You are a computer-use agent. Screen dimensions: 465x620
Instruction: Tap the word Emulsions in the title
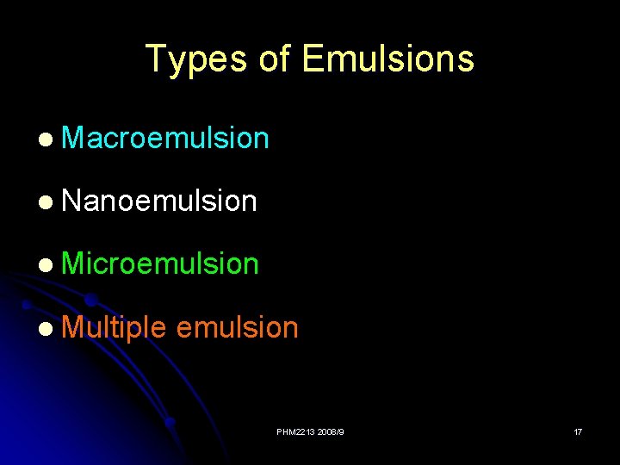pyautogui.click(x=388, y=59)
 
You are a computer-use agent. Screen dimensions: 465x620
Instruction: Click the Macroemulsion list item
pyautogui.click(x=165, y=138)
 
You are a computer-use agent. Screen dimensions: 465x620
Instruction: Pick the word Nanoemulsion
pyautogui.click(x=159, y=201)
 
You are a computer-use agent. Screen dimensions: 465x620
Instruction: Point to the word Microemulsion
pyautogui.click(x=160, y=263)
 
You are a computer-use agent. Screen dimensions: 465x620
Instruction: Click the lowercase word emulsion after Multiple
pyautogui.click(x=237, y=327)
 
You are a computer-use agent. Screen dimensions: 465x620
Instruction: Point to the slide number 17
pyautogui.click(x=578, y=431)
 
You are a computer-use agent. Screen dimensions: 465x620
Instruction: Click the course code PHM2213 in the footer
pyautogui.click(x=295, y=431)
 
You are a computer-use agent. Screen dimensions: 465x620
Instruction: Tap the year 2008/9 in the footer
pyautogui.click(x=330, y=431)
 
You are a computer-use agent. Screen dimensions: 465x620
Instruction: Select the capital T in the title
pyautogui.click(x=156, y=59)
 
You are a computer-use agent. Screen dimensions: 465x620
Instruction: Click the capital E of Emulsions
pyautogui.click(x=313, y=59)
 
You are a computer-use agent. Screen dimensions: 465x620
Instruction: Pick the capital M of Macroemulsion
pyautogui.click(x=75, y=138)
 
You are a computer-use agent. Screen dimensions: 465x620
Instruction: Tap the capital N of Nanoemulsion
pyautogui.click(x=72, y=201)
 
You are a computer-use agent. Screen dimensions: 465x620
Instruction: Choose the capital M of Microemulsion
pyautogui.click(x=75, y=263)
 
